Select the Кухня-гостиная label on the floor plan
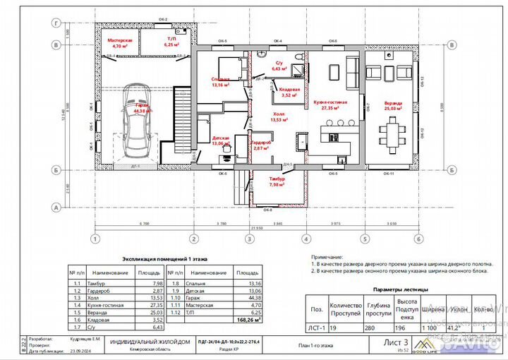[330, 105]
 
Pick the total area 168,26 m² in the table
[247, 320]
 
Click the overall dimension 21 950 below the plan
[248, 229]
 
